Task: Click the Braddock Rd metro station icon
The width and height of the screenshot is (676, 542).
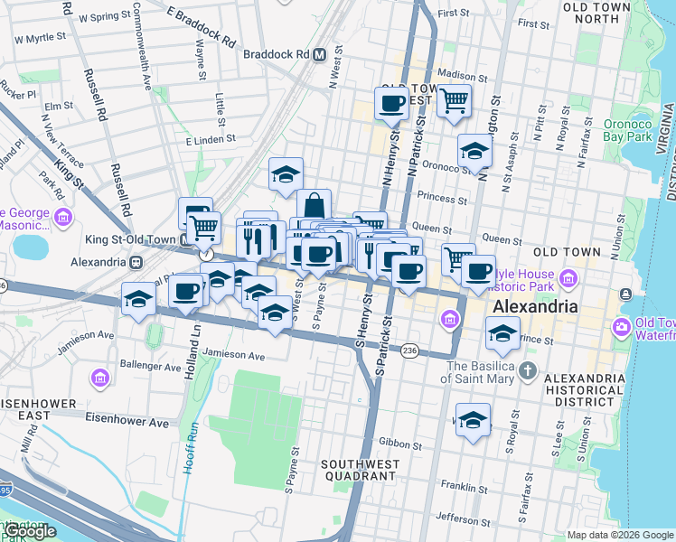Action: [x=319, y=55]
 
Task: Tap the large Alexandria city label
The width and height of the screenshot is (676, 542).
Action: [x=533, y=307]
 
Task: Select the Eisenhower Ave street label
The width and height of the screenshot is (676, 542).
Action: [x=127, y=422]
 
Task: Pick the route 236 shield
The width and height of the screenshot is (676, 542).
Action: [x=409, y=350]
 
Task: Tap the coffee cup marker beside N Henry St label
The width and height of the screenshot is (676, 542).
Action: [x=391, y=103]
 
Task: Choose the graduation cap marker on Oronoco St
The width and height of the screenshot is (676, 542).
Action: [x=474, y=151]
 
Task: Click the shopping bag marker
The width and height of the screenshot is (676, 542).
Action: [x=313, y=204]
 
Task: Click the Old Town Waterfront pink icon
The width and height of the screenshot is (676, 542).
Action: [x=622, y=325]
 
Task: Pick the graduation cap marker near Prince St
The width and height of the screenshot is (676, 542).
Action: [x=502, y=333]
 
